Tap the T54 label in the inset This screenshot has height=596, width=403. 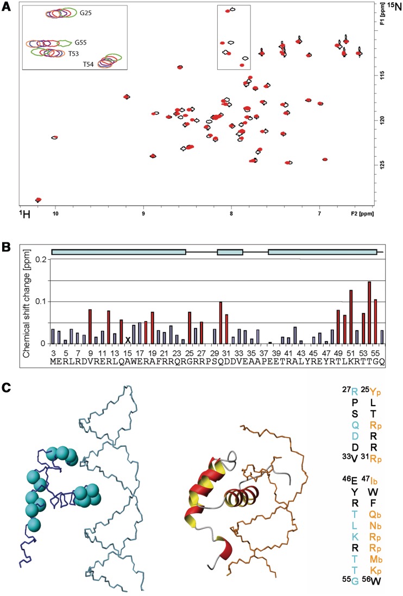[x=88, y=64]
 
